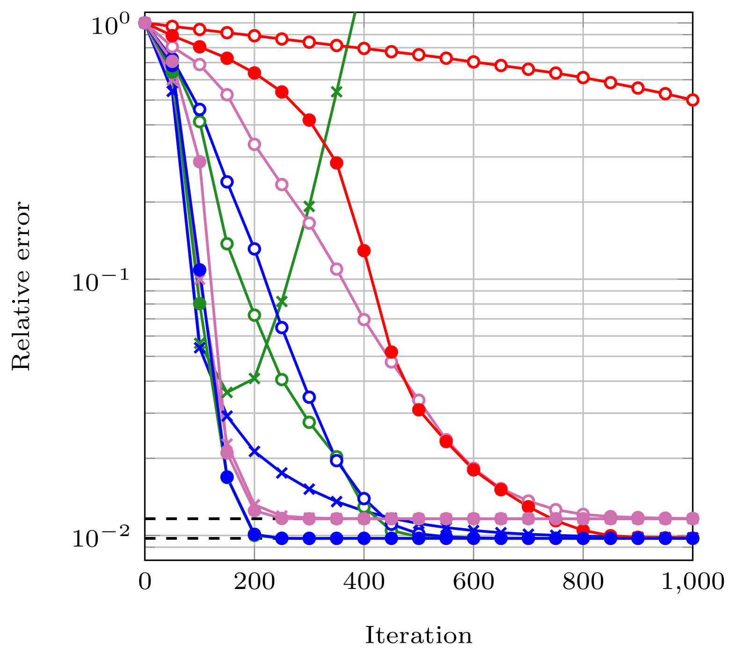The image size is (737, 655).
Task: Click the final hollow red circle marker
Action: click(x=693, y=100)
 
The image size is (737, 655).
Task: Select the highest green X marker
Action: click(x=336, y=91)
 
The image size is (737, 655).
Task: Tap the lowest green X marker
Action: click(x=227, y=392)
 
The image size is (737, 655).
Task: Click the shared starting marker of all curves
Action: click(x=145, y=22)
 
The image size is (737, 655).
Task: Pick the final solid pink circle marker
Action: click(x=693, y=518)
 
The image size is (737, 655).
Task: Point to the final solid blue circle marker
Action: click(x=693, y=538)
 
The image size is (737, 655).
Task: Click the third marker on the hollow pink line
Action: click(x=200, y=64)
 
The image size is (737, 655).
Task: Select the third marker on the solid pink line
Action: click(x=200, y=162)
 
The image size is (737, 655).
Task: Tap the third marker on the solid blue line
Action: click(x=200, y=270)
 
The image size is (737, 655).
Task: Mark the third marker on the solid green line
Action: click(x=200, y=303)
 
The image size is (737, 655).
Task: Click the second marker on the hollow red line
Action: click(x=172, y=26)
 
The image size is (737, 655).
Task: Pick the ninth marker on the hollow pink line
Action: click(x=364, y=319)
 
